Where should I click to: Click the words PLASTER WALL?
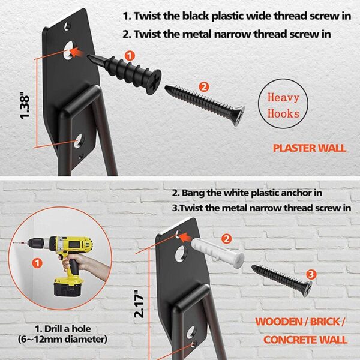coord(309,148)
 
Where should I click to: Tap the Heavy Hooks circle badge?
coord(283,105)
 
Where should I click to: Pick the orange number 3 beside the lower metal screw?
coord(310,274)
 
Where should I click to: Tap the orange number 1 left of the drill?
coord(37,262)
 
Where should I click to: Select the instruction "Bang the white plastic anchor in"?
coord(246,194)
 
